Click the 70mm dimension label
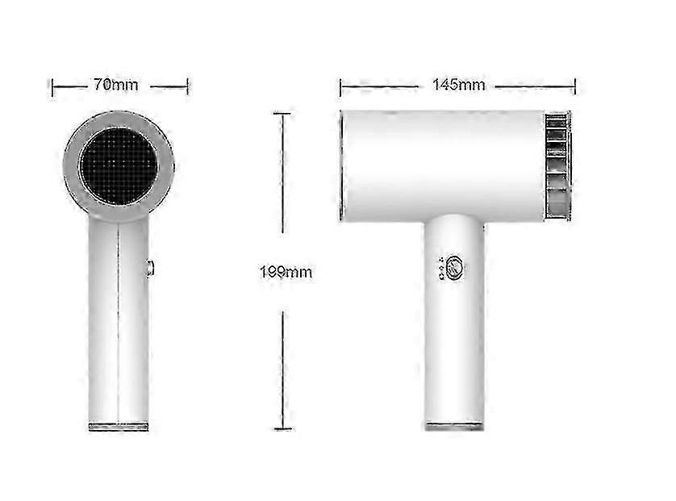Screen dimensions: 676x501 click(116, 85)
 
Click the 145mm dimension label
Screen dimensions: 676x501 click(459, 85)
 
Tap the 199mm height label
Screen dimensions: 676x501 click(286, 272)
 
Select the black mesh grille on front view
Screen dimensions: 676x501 click(119, 166)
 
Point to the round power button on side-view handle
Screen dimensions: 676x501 click(455, 269)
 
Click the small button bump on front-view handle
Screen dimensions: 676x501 click(149, 267)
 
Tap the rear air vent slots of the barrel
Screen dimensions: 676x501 click(557, 166)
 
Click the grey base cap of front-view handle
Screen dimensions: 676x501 click(119, 427)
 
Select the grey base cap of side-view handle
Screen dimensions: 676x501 click(454, 427)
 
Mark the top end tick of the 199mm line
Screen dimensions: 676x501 click(282, 114)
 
